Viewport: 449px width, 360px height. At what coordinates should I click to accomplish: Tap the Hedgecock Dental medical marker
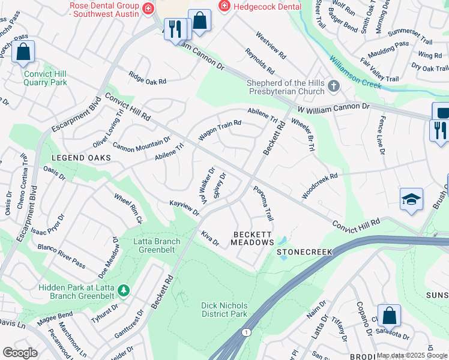point(224,5)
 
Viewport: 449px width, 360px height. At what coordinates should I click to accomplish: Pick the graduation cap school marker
point(412,200)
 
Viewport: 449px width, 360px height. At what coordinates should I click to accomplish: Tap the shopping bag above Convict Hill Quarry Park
point(23,52)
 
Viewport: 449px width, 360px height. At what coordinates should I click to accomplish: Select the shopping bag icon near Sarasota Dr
point(390,315)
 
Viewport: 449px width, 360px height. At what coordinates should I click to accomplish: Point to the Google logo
point(20,352)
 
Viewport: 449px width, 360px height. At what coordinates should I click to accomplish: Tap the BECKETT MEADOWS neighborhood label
point(253,238)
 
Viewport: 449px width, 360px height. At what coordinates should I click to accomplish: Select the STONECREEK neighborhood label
point(304,253)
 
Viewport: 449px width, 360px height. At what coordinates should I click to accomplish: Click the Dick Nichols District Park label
point(224,310)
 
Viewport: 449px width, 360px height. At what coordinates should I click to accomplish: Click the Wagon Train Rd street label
point(220,130)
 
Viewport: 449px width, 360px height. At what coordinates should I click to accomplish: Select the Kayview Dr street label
point(184,208)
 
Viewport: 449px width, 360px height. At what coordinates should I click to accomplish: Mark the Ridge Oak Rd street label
point(147,78)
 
